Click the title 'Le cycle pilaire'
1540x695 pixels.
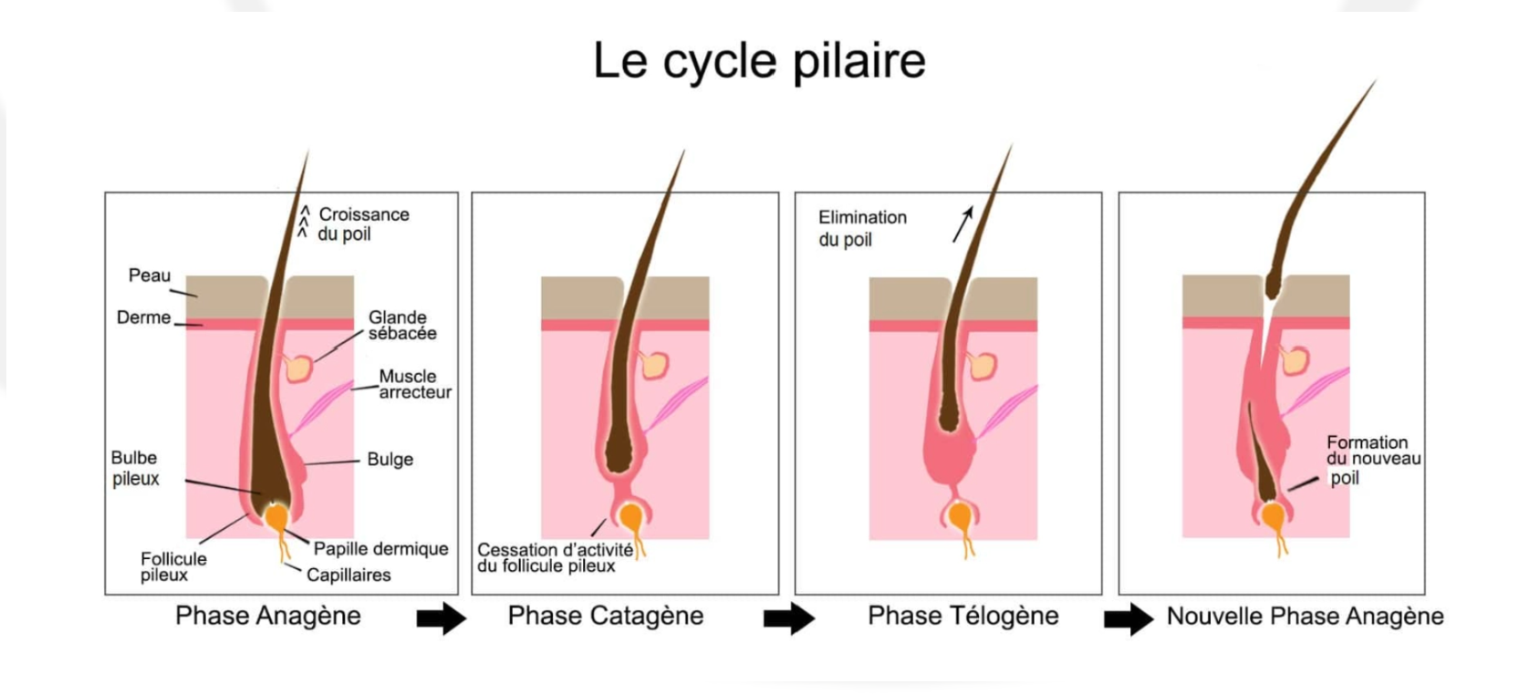(759, 61)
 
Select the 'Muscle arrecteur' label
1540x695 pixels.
(414, 384)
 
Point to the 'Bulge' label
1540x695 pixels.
(390, 459)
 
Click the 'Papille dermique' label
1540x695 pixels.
(380, 548)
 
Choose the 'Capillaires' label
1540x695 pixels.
(349, 575)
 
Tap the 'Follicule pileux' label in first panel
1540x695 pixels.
(173, 566)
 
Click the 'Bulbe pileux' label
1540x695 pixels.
(135, 468)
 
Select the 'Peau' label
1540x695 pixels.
(150, 275)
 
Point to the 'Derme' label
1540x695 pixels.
(143, 317)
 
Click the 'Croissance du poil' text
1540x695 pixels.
(362, 223)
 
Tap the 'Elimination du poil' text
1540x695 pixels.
(861, 228)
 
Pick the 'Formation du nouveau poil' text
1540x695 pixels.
(1372, 459)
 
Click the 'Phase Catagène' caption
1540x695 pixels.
(605, 616)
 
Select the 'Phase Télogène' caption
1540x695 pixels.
(962, 616)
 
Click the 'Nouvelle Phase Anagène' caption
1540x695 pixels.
(1305, 616)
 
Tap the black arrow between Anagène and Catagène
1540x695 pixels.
(441, 619)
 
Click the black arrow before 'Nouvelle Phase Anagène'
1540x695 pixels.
(1128, 619)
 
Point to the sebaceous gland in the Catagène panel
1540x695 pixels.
(653, 365)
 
